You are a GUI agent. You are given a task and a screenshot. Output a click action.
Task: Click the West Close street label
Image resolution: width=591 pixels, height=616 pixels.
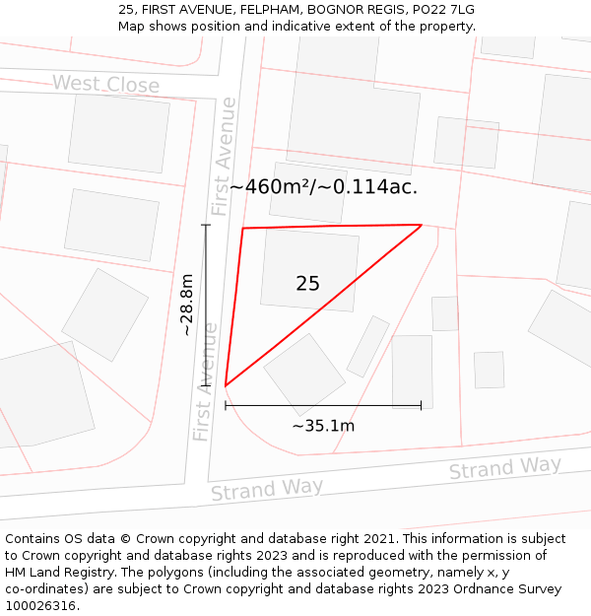pyautogui.click(x=105, y=84)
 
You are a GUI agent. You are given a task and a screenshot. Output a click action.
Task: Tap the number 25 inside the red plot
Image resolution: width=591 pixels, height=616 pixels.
pyautogui.click(x=307, y=284)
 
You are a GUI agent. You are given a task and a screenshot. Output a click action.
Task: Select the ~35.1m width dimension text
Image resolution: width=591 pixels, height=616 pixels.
pyautogui.click(x=323, y=426)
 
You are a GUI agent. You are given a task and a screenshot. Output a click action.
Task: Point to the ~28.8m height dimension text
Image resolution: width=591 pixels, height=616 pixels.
pyautogui.click(x=186, y=306)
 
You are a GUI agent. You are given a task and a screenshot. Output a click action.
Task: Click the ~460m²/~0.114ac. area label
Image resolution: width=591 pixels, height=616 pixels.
pyautogui.click(x=324, y=186)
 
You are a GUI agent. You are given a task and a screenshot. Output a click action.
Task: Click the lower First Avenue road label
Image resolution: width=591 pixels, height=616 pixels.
pyautogui.click(x=204, y=381)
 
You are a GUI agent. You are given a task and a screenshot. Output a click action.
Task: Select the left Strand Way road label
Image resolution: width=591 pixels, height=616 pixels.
pyautogui.click(x=267, y=489)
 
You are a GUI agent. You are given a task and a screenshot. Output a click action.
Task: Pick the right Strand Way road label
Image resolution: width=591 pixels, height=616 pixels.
pyautogui.click(x=504, y=467)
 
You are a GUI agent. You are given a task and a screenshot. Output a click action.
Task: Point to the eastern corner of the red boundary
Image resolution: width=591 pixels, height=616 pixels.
pyautogui.click(x=422, y=226)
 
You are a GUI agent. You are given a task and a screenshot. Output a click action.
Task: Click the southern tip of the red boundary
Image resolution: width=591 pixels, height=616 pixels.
pyautogui.click(x=226, y=385)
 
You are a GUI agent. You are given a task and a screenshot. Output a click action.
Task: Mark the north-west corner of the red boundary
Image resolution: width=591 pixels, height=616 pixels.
pyautogui.click(x=243, y=229)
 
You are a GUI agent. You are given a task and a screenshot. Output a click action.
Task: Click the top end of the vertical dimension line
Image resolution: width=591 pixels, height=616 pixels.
pyautogui.click(x=206, y=225)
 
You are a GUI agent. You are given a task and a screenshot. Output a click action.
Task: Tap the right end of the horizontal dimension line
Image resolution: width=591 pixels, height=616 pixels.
pyautogui.click(x=421, y=405)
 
